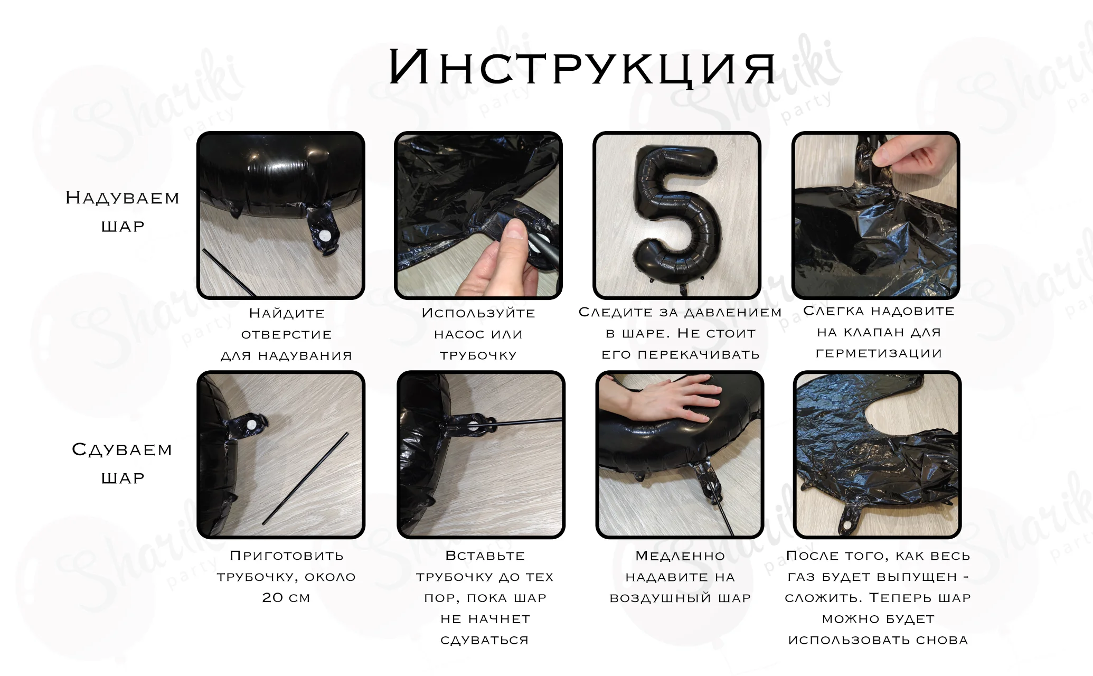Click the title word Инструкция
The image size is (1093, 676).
coord(582,67)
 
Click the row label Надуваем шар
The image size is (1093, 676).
coord(123,212)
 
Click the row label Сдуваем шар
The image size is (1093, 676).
coord(123,464)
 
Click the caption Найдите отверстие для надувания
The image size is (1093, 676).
coord(286,334)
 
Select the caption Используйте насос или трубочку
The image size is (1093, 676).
coord(478,334)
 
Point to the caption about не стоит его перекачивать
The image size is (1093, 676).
coord(680,333)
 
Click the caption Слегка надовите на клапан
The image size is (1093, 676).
coord(879,332)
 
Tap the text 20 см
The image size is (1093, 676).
coord(286,598)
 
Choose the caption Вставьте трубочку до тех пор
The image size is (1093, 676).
coord(485,598)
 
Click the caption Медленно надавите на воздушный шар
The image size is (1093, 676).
coord(680,577)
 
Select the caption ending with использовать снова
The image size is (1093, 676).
coord(878,598)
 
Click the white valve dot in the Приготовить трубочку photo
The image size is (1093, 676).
coord(252,424)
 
